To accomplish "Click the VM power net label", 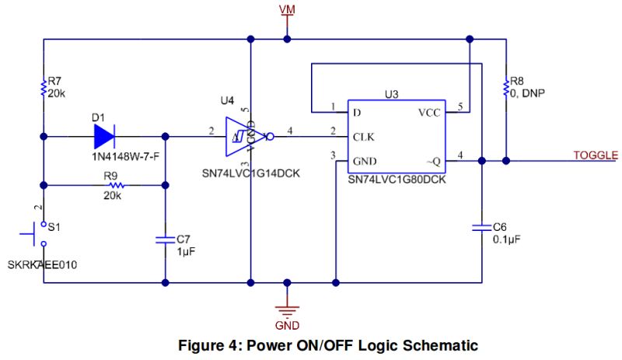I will click(x=288, y=9).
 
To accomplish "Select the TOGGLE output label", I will click(x=596, y=155).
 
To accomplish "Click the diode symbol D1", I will click(x=103, y=137).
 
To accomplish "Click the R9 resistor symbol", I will click(x=117, y=185).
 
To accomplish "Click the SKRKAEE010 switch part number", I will click(x=42, y=265).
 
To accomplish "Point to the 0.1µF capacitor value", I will click(x=506, y=239).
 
